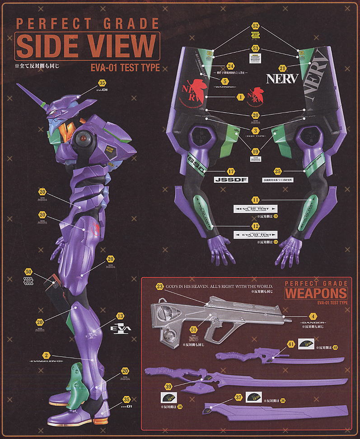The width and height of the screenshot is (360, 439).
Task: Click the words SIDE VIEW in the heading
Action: (86, 46)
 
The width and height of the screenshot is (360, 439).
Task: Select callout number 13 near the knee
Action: (120, 316)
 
